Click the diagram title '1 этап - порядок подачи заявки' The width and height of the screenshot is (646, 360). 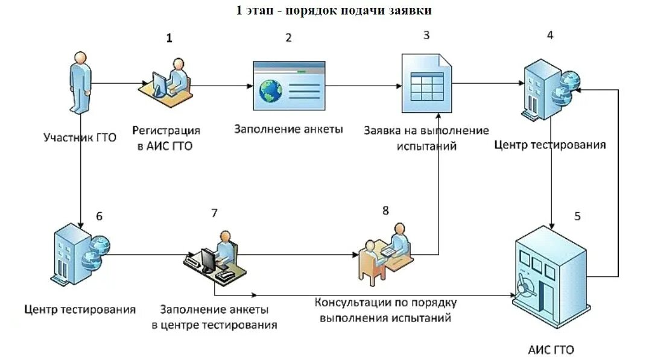point(334,10)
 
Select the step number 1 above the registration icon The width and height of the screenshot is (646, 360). point(169,38)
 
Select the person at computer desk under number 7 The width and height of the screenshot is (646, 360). point(215,257)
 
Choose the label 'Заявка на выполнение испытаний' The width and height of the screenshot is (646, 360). point(426,138)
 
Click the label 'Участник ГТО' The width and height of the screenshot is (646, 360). point(80,137)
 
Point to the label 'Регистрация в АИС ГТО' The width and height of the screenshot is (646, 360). point(166,138)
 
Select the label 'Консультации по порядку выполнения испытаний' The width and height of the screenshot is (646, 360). point(386,309)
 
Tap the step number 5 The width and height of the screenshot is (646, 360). point(577,216)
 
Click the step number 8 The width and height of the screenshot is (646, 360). point(385,210)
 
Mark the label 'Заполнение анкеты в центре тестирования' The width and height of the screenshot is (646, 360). point(214,317)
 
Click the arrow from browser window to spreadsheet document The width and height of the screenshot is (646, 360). point(363,86)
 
